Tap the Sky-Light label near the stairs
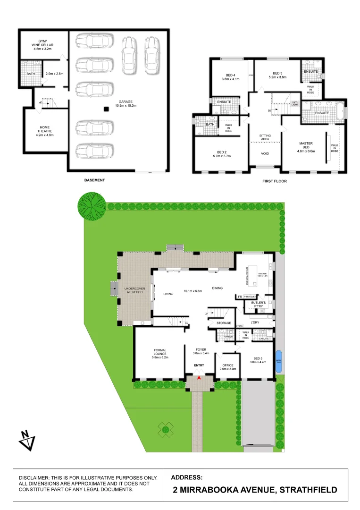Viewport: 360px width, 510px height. click(x=295, y=103)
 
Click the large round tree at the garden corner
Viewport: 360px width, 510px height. click(x=92, y=206)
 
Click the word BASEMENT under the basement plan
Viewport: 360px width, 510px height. click(x=94, y=180)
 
